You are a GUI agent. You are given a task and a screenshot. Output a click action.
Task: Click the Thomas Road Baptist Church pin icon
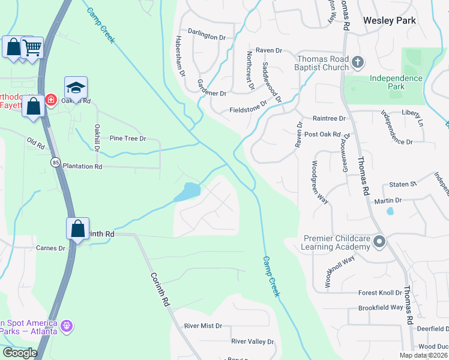(358, 61)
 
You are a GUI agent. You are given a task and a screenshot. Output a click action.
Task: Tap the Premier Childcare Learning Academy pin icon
(379, 242)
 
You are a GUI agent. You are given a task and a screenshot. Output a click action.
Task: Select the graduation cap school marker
(76, 88)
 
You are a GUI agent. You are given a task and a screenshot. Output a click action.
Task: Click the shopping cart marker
(32, 47)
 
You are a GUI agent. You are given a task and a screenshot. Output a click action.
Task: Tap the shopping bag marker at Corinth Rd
(77, 229)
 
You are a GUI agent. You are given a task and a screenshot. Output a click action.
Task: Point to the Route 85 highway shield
(55, 162)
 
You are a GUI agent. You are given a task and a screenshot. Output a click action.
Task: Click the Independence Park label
(396, 82)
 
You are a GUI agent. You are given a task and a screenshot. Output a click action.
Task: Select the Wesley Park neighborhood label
(390, 20)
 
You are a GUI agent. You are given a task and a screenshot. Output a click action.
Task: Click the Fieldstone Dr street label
(248, 110)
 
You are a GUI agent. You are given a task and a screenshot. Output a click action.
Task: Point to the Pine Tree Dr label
(128, 139)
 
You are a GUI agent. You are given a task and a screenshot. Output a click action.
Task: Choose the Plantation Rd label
(83, 166)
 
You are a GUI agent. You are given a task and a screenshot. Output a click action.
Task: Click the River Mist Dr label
(203, 326)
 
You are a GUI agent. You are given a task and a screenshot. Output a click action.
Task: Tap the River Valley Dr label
(252, 341)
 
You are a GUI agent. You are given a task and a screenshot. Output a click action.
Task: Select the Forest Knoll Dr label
(380, 293)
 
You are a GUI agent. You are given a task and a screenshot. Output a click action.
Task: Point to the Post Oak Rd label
(323, 134)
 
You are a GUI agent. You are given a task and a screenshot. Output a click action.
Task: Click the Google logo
(20, 353)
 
